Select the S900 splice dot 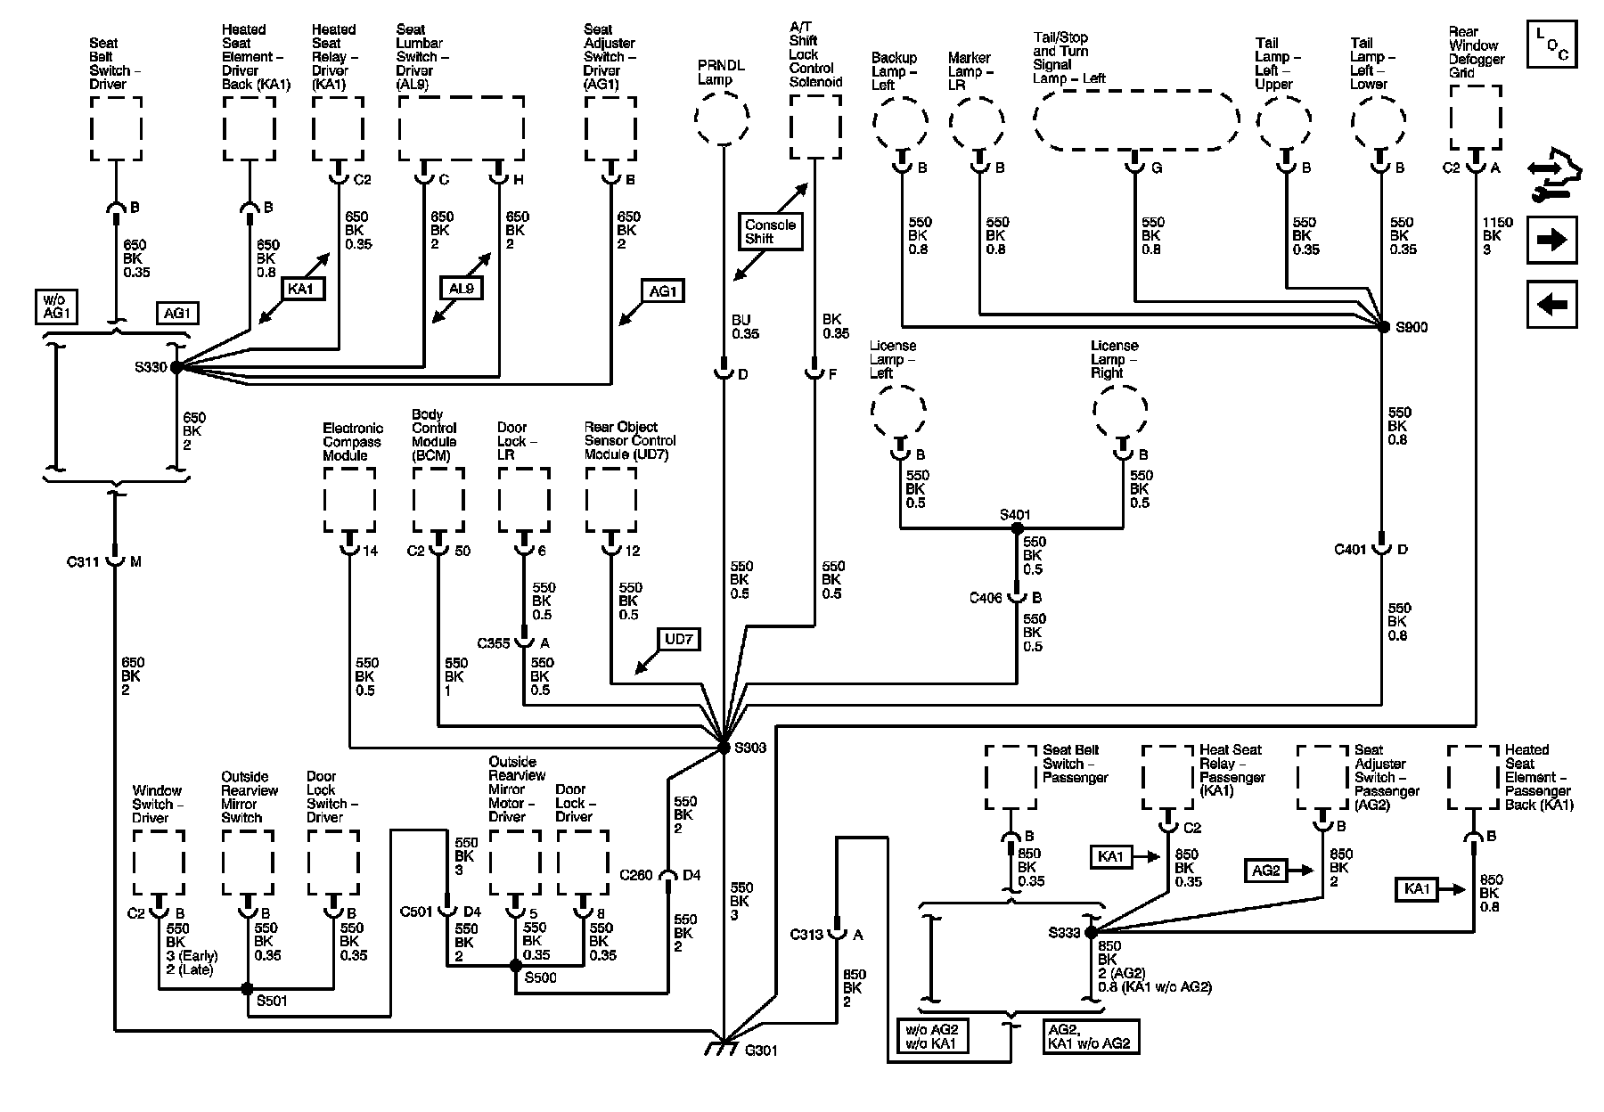[1383, 327]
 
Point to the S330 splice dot [176, 366]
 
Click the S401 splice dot [1017, 528]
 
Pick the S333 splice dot [1090, 932]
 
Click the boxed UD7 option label [677, 640]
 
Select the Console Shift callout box [771, 232]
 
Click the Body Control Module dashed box [438, 499]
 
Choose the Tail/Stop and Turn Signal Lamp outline [1135, 118]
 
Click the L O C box [1551, 45]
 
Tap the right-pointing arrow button [1551, 240]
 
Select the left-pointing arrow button [1551, 304]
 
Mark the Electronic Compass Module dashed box [349, 499]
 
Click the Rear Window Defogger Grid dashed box [1476, 118]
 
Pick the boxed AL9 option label [462, 289]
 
